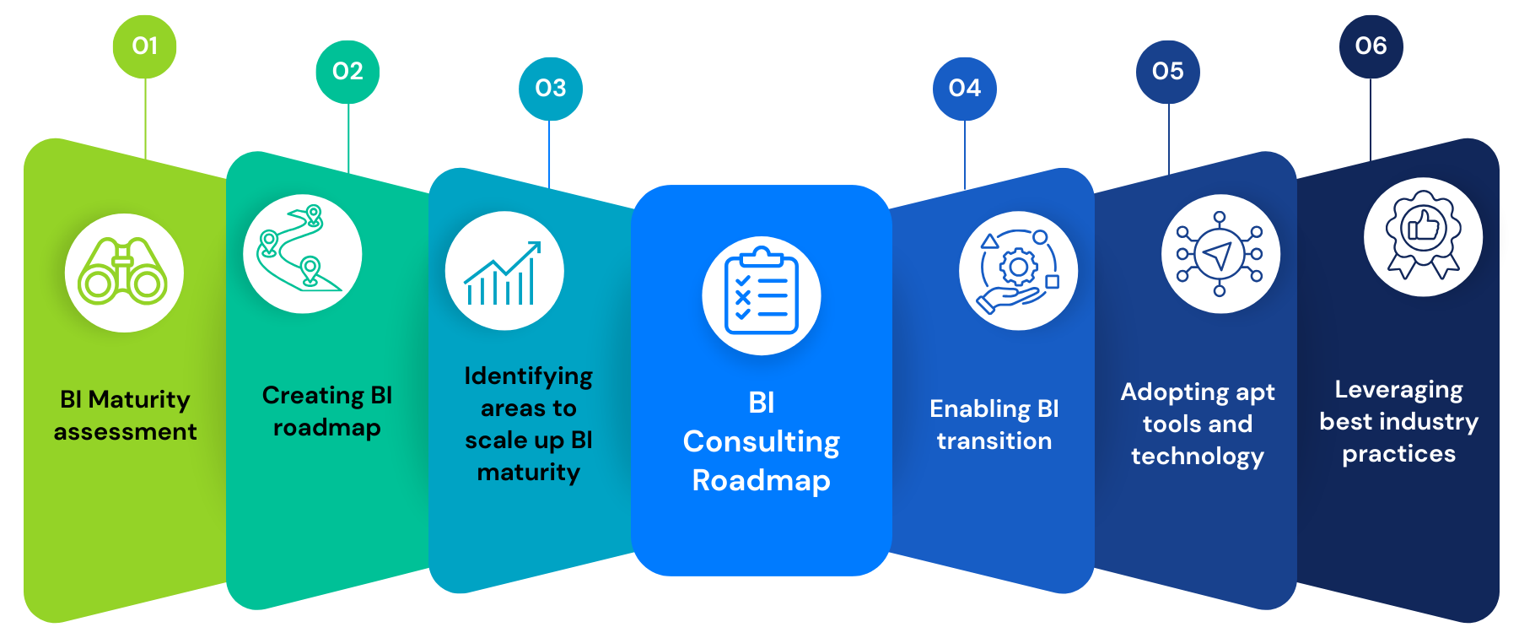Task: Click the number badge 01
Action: pos(145,46)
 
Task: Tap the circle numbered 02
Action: pos(347,72)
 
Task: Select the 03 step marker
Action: pos(550,89)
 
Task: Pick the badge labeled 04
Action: pos(964,89)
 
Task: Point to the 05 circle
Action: pos(1167,72)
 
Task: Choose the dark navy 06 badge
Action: pos(1371,46)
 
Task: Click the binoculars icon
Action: pos(124,273)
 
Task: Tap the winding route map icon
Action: pos(302,253)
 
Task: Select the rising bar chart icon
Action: pos(504,271)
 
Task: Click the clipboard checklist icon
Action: pos(761,295)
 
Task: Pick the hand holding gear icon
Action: pos(1018,270)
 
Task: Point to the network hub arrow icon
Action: pos(1220,254)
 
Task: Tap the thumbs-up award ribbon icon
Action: pos(1423,237)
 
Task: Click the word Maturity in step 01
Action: pos(139,400)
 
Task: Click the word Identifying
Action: pos(528,376)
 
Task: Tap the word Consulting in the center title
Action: pos(761,441)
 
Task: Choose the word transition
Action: pos(994,441)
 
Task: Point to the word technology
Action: pos(1197,457)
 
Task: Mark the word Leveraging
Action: pos(1398,390)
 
